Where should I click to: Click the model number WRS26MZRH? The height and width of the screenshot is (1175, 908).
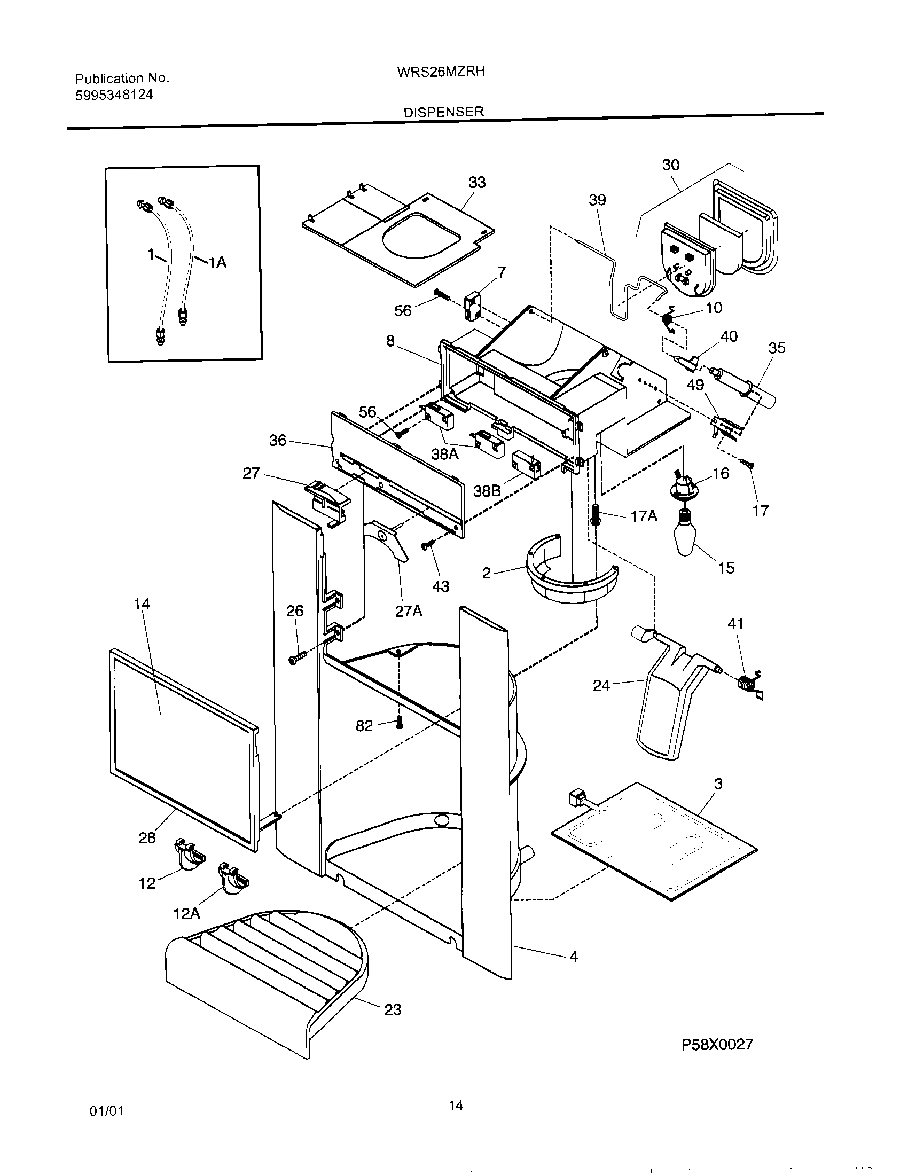(x=441, y=72)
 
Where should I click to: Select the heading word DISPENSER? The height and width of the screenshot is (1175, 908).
(x=444, y=112)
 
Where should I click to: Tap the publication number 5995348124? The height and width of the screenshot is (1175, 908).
(x=114, y=95)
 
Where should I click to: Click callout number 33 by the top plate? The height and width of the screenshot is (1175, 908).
(x=476, y=182)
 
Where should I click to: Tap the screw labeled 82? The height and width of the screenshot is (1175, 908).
(x=399, y=723)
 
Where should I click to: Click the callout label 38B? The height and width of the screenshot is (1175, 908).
(x=487, y=491)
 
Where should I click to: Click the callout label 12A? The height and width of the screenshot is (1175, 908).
(x=186, y=913)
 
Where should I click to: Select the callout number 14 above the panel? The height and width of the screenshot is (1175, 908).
(x=142, y=604)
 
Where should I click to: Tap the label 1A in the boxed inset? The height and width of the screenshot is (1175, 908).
(x=217, y=263)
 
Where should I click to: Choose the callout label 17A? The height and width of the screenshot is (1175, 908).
(x=644, y=516)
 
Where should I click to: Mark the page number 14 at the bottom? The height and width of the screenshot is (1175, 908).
(x=456, y=1106)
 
